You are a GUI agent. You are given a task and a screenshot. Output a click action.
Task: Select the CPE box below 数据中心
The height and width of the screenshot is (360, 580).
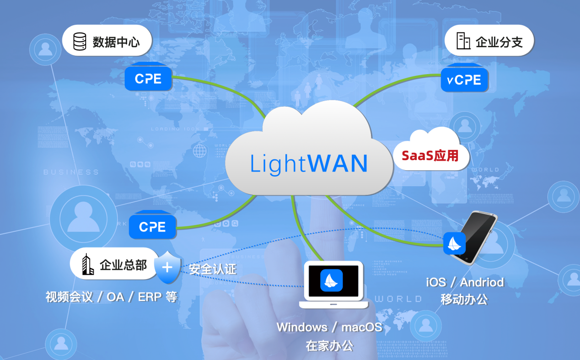pyautogui.click(x=148, y=79)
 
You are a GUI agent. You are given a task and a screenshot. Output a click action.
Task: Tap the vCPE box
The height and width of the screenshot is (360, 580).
pyautogui.click(x=464, y=80)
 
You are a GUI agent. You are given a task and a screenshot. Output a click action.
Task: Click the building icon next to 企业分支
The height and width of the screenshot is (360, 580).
pyautogui.click(x=463, y=42)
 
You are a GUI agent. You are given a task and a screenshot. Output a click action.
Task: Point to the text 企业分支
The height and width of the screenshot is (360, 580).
pyautogui.click(x=499, y=43)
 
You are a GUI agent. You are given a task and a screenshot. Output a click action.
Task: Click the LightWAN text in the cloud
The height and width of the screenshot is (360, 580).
pyautogui.click(x=309, y=164)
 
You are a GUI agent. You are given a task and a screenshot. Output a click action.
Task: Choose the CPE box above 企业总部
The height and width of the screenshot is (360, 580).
pyautogui.click(x=152, y=227)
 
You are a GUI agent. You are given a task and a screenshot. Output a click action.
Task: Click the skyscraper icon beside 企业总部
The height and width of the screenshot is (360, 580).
pyautogui.click(x=87, y=265)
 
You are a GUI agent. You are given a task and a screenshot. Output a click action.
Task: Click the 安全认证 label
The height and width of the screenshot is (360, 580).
pyautogui.click(x=213, y=269)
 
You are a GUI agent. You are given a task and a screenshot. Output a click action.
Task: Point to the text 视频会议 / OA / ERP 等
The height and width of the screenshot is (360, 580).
pyautogui.click(x=111, y=297)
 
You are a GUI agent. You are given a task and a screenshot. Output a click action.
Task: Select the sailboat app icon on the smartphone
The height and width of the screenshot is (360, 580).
pyautogui.click(x=455, y=243)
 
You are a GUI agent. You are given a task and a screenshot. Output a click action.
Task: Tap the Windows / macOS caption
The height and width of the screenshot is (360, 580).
pyautogui.click(x=329, y=327)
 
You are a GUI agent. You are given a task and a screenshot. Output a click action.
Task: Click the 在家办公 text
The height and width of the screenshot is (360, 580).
pyautogui.click(x=329, y=345)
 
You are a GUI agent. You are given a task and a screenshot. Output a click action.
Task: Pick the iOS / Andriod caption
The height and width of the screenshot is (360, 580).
pyautogui.click(x=465, y=282)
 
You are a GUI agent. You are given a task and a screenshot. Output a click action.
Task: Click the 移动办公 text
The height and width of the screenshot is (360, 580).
pyautogui.click(x=464, y=299)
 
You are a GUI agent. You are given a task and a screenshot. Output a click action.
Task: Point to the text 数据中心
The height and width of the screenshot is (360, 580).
pyautogui.click(x=116, y=42)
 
